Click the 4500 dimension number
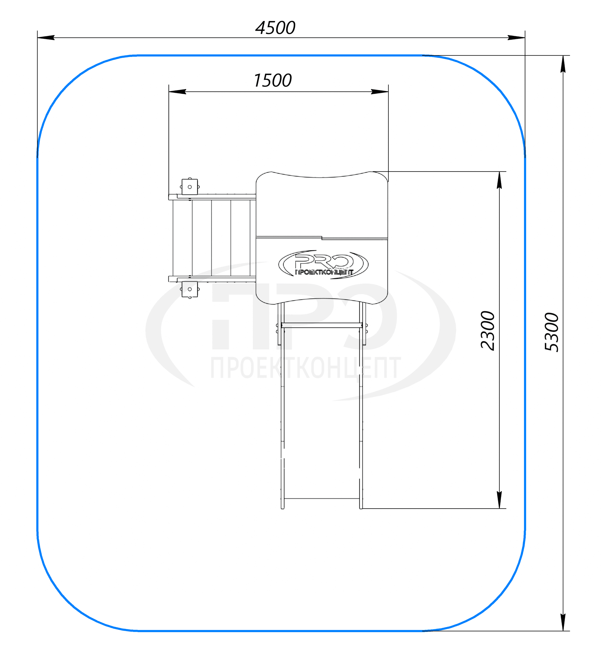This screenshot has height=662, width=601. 275,28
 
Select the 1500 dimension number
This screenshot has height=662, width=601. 272,80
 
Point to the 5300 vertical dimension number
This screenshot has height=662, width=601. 551,332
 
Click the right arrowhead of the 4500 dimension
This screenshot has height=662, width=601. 516,38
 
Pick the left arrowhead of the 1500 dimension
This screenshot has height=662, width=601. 178,92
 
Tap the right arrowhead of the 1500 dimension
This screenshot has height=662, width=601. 379,92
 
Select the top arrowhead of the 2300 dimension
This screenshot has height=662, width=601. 499,180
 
